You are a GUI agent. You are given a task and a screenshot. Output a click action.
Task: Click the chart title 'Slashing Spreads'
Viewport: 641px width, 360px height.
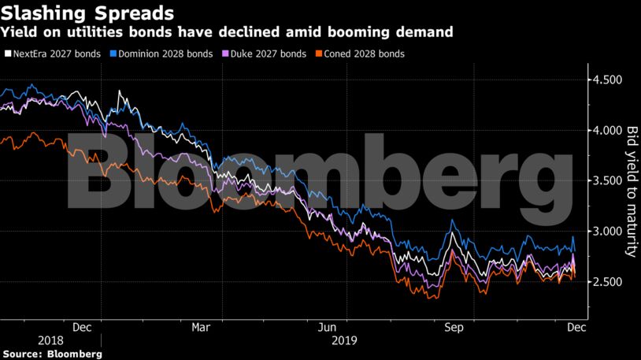tap(87, 13)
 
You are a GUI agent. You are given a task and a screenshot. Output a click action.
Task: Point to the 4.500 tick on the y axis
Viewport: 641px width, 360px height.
tap(606, 80)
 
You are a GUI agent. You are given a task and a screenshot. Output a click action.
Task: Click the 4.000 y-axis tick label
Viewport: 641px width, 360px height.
tap(606, 130)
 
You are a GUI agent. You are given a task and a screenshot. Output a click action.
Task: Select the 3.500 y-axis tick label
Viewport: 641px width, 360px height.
tap(606, 180)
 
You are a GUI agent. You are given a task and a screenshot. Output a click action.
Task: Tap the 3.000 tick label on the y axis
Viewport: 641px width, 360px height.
tap(606, 232)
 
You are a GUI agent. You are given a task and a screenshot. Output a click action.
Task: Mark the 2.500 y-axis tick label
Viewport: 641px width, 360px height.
tap(606, 282)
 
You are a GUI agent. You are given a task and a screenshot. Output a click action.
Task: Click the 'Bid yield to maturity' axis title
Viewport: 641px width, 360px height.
tap(631, 190)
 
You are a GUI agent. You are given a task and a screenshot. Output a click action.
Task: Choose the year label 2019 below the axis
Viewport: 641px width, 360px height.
tap(344, 341)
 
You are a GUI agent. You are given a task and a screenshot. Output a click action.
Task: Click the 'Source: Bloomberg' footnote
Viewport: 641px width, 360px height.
tap(51, 354)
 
